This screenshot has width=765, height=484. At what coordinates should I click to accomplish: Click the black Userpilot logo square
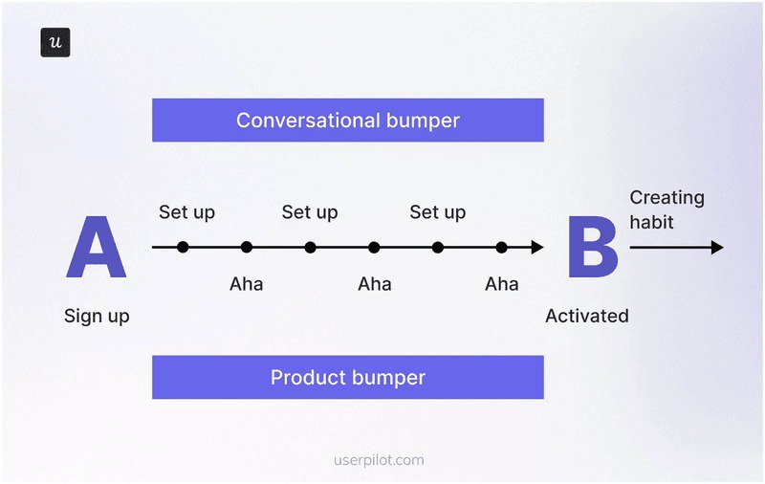click(x=55, y=42)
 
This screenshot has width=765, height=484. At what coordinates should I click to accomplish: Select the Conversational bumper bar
click(x=347, y=121)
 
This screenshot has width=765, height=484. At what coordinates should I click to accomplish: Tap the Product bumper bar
click(x=347, y=377)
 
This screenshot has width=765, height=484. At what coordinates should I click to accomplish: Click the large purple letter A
click(x=96, y=248)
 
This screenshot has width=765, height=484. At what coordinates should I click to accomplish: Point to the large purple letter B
click(x=592, y=248)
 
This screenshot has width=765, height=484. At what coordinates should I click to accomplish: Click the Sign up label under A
click(x=97, y=316)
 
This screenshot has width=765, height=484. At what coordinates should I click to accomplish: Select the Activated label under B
click(x=586, y=316)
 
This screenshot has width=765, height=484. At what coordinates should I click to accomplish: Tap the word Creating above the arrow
click(x=667, y=198)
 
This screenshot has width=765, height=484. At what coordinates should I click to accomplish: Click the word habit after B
click(x=651, y=222)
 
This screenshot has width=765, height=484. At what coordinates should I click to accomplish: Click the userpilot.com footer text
click(x=380, y=460)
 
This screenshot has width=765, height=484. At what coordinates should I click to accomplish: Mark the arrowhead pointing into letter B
click(x=537, y=248)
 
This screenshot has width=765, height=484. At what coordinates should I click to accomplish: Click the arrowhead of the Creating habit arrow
click(x=717, y=248)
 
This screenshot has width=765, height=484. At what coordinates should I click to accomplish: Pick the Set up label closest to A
click(x=186, y=212)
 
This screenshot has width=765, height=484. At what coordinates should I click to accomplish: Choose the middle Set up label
click(x=309, y=212)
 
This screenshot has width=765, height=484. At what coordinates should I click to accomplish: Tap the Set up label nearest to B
click(x=437, y=212)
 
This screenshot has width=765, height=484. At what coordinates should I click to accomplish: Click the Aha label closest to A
click(x=246, y=284)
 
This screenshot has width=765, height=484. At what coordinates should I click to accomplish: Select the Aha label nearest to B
click(x=501, y=284)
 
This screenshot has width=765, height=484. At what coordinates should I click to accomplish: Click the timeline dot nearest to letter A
click(x=183, y=248)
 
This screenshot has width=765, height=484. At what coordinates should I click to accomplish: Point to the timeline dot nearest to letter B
click(x=501, y=248)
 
